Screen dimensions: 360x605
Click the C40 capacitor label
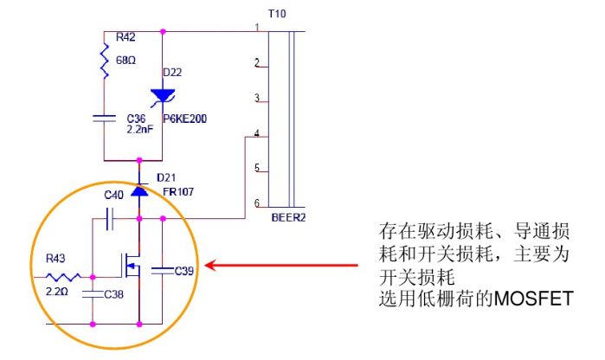[x=114, y=196]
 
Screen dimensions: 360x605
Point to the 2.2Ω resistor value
[x=57, y=292]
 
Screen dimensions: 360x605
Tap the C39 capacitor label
[x=184, y=271]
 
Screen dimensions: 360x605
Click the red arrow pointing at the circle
[x=286, y=267]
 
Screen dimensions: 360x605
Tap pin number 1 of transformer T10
[x=257, y=28]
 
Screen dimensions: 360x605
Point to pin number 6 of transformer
[x=257, y=202]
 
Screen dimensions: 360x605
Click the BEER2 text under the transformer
[x=288, y=217]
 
